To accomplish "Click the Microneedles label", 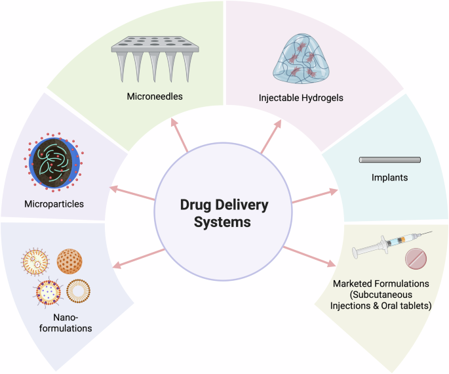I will pos(155,96).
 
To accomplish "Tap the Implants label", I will pos(389,177).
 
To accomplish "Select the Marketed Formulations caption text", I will pos(380,293).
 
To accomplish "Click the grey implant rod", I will pos(389,159).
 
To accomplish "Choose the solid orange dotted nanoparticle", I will pos(70,260).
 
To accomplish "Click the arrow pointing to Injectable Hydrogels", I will pos(269,137).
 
